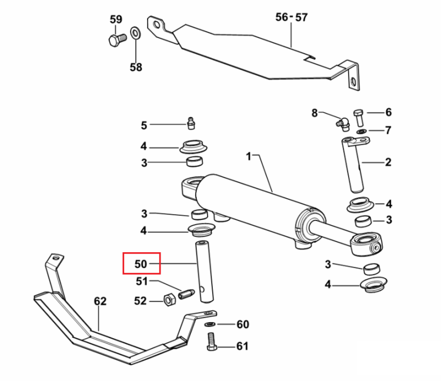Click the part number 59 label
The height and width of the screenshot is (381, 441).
tap(116, 19)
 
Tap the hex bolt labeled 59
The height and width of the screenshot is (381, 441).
tap(117, 40)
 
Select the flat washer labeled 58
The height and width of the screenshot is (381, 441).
tap(136, 34)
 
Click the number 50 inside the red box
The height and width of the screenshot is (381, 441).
tap(141, 264)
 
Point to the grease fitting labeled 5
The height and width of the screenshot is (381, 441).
tap(191, 123)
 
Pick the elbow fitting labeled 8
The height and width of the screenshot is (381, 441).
tap(343, 123)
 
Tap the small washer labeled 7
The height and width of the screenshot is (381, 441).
tap(362, 131)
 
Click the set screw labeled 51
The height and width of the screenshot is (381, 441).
tap(186, 294)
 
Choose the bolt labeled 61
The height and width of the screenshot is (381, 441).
tap(212, 342)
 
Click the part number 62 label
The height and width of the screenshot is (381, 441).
tap(100, 301)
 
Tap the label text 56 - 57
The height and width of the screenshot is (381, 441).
tap(292, 18)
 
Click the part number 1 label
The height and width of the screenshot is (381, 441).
tap(248, 156)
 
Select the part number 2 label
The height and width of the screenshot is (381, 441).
tap(388, 162)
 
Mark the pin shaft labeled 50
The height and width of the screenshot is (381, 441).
tap(205, 272)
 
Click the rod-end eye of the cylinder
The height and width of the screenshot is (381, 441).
tap(367, 244)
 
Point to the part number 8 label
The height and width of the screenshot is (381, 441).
tap(315, 113)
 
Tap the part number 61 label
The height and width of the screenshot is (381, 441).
tap(242, 346)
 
